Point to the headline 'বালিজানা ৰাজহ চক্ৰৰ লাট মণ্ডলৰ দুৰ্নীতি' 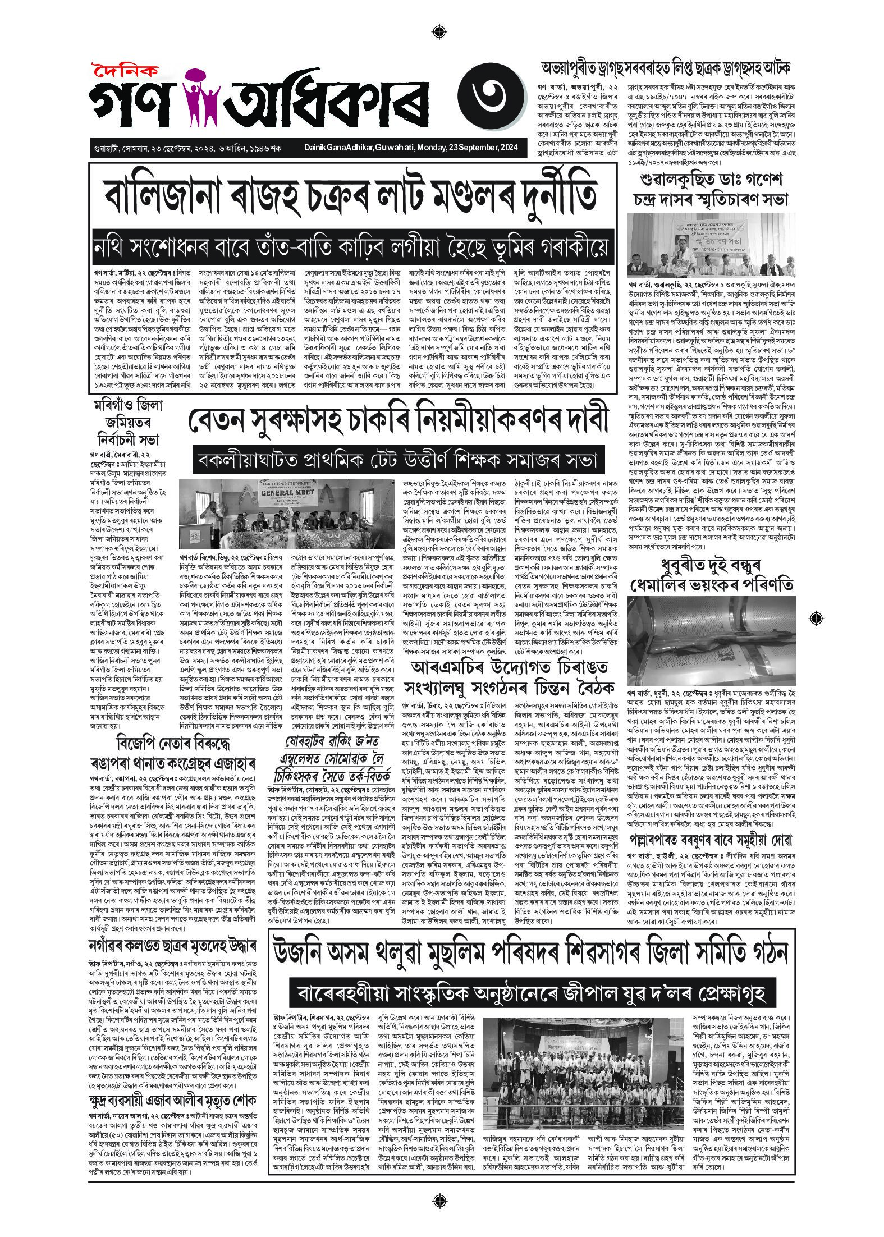point(351,194)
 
